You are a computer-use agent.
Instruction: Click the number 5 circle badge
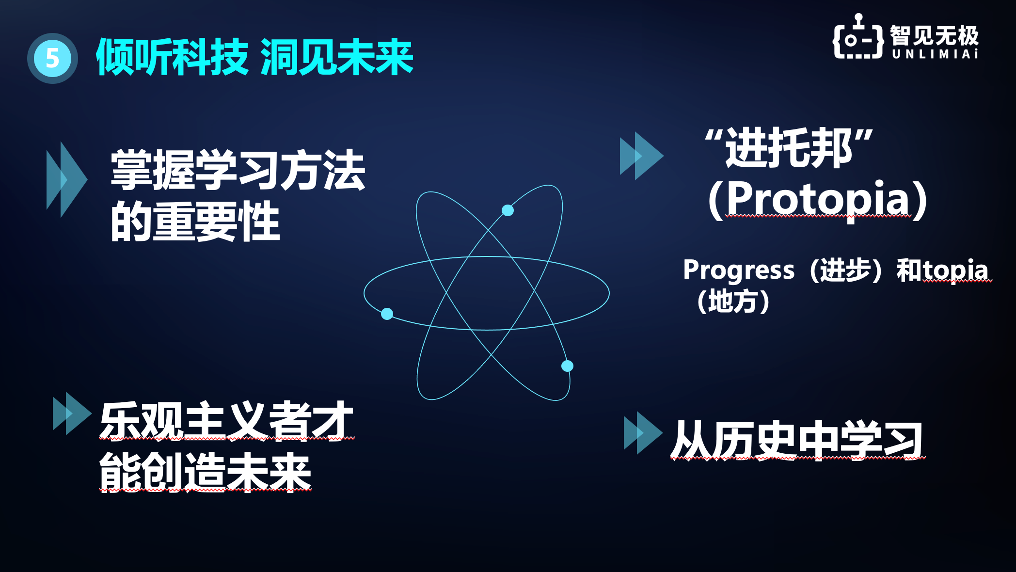tap(52, 58)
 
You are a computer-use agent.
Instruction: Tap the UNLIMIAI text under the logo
tap(935, 54)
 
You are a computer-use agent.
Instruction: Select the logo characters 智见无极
tap(935, 35)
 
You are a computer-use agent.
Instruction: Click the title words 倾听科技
tap(172, 58)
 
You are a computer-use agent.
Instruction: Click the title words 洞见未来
tap(337, 58)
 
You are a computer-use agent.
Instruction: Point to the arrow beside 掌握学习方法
tap(66, 179)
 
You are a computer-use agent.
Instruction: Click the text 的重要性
tap(195, 222)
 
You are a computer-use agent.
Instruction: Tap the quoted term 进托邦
tap(789, 148)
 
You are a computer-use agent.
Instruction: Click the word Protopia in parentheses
tap(818, 199)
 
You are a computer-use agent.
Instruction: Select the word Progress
tap(739, 270)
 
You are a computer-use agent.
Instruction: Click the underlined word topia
tap(955, 270)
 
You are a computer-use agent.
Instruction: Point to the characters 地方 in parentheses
tap(733, 302)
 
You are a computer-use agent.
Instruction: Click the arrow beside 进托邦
tap(641, 156)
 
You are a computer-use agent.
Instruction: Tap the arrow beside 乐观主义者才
tap(71, 413)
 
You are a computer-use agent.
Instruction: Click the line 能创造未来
tap(205, 472)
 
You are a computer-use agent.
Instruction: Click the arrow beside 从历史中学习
tap(643, 432)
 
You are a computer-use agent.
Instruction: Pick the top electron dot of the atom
tap(508, 210)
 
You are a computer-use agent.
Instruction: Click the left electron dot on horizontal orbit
tap(387, 314)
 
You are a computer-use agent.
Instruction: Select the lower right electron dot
tap(567, 366)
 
